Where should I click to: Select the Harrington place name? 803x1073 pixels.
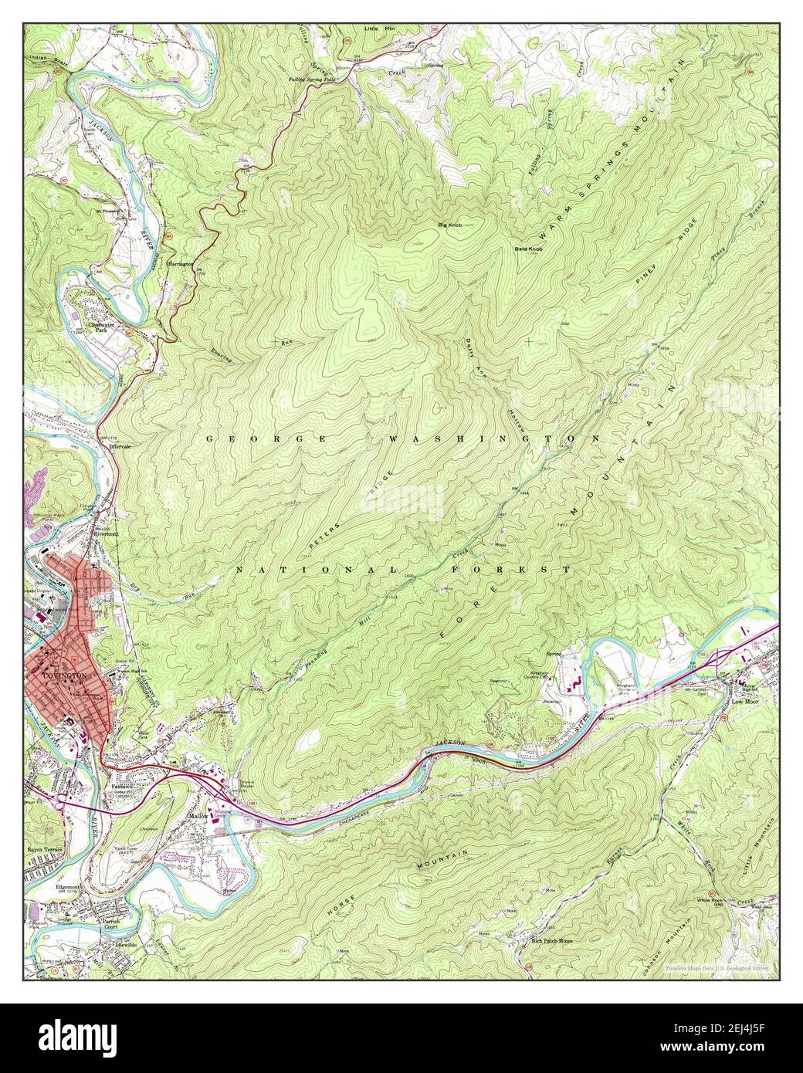180,263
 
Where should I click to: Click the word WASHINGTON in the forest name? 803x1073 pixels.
494,438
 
